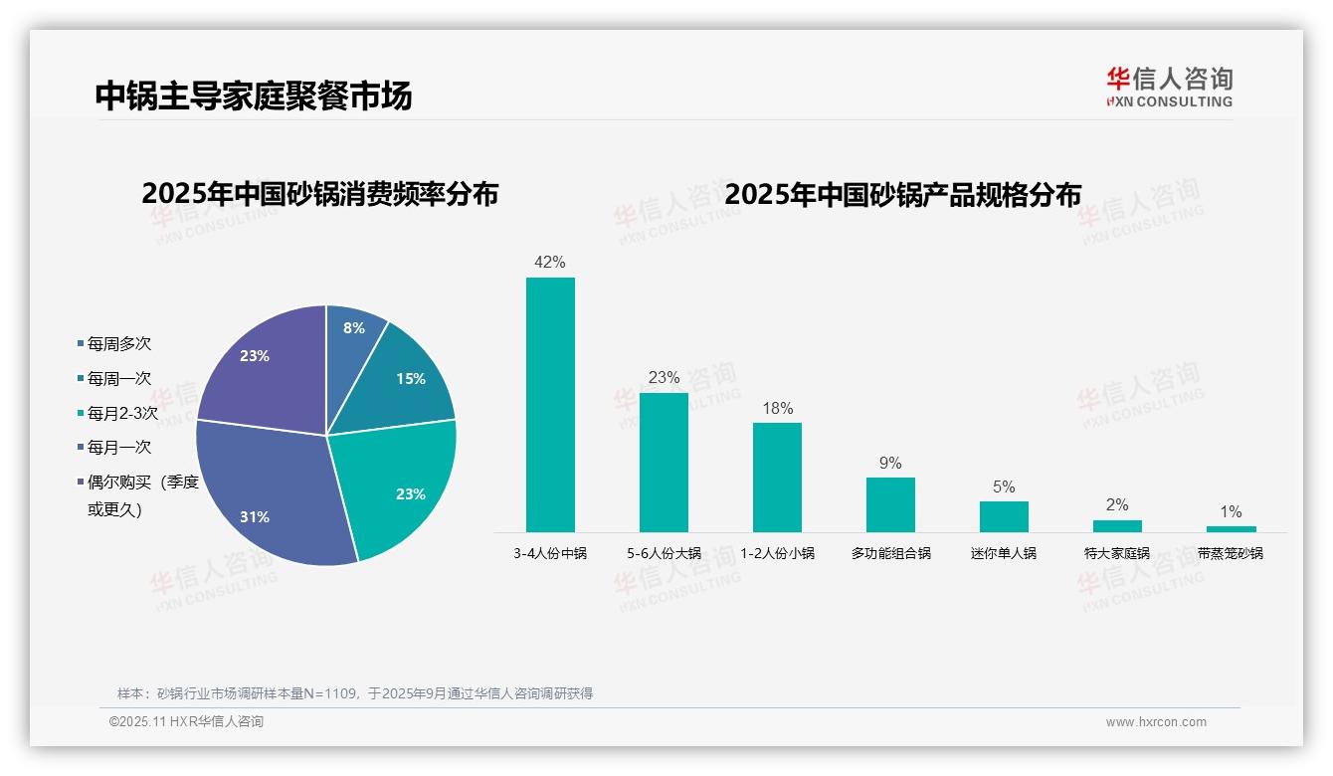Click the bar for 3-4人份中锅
coord(550,404)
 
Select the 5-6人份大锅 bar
coord(664,462)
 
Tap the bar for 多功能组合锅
coord(890,504)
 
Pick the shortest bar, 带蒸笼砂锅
coord(1231,529)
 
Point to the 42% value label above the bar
coord(550,263)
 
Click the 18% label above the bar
coord(777,408)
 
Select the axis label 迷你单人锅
coord(1004,553)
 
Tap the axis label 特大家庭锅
coord(1117,553)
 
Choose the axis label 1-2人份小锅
coord(777,553)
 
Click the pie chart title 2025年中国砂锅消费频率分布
coord(319,193)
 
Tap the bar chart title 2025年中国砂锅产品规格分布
coord(902,194)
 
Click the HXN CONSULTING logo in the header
coord(1169,88)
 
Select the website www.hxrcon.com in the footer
coord(1156,722)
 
